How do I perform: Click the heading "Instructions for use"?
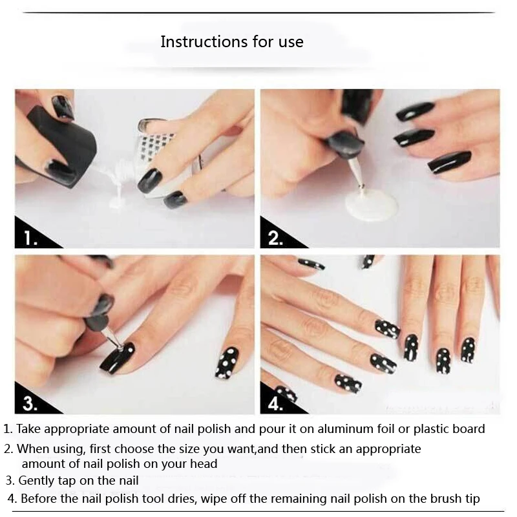pyautogui.click(x=231, y=43)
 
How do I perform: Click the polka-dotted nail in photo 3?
pyautogui.click(x=227, y=363)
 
